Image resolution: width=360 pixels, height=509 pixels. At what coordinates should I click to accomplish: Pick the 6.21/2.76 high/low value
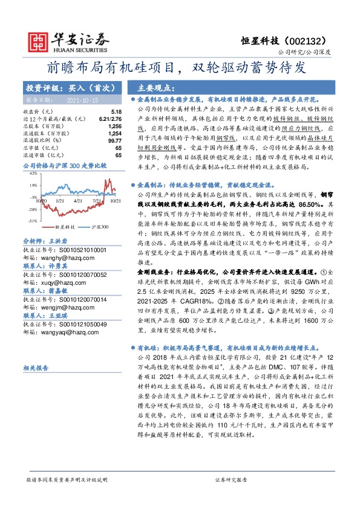110,118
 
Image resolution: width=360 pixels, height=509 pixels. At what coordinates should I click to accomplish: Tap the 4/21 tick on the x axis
77,216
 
